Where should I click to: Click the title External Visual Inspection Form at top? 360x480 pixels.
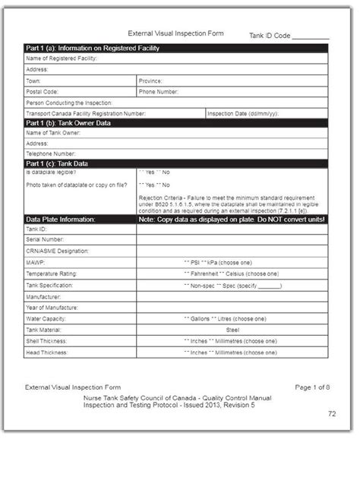coord(176,33)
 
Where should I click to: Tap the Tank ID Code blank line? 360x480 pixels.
coord(311,36)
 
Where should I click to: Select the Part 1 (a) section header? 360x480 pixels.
coord(92,48)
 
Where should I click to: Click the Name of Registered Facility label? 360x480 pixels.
coord(62,58)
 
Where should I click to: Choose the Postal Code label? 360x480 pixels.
coord(42,91)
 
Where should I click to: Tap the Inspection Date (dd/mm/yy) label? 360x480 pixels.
coord(243,112)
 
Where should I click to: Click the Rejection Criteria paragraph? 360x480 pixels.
coord(232,203)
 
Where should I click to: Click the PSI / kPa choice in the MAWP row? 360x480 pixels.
coord(231,262)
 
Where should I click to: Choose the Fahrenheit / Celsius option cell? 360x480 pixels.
coord(231,273)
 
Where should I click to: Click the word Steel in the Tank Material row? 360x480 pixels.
coord(232,330)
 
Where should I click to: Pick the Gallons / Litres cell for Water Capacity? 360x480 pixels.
coord(231,319)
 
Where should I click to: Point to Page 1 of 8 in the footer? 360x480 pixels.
coord(311,387)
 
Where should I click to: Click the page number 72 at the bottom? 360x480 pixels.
coord(331,414)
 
